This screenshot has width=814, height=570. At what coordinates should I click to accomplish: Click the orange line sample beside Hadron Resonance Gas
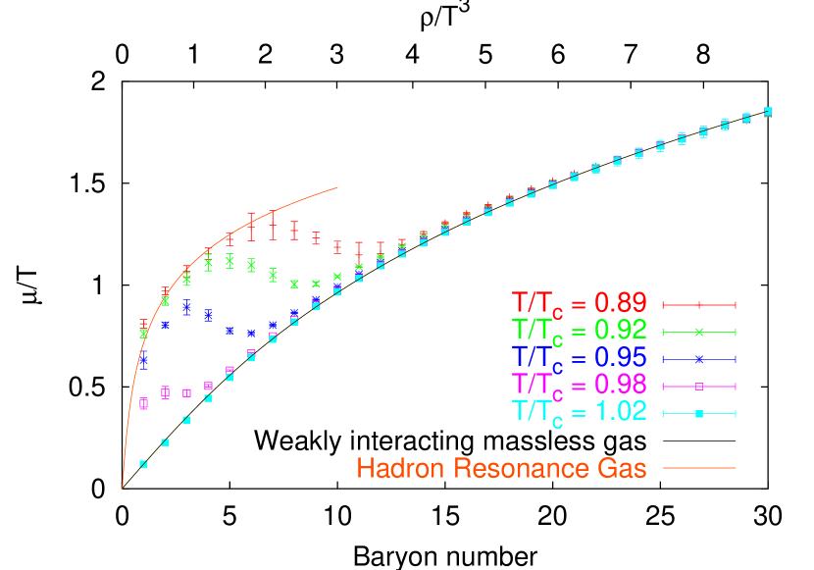click(699, 468)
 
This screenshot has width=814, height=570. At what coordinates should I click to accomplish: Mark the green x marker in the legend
click(699, 332)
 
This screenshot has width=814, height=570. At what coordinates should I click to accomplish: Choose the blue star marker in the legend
click(699, 358)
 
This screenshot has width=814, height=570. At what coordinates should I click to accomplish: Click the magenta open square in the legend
click(699, 386)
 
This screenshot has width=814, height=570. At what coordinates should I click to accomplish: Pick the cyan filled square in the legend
click(699, 414)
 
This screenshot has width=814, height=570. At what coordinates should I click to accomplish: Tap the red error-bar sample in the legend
click(699, 305)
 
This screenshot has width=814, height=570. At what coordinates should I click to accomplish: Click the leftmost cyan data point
click(144, 464)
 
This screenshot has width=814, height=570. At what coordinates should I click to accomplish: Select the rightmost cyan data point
click(768, 110)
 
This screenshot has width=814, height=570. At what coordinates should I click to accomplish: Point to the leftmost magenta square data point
click(144, 402)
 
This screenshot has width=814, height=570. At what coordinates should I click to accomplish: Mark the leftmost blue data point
click(144, 361)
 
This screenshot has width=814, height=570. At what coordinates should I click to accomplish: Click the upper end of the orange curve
click(337, 186)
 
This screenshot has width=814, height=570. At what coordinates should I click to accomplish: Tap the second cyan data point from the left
click(166, 442)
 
